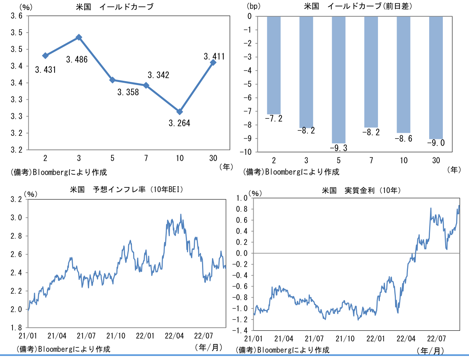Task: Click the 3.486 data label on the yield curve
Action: point(77,59)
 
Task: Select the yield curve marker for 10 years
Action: point(180,112)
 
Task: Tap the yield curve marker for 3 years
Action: point(79,37)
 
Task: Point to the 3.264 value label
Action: point(180,123)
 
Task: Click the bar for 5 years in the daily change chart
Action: point(339,80)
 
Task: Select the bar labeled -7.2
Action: point(274,65)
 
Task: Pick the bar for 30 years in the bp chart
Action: point(436,78)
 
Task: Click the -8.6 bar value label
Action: point(403,138)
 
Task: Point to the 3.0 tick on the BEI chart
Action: point(19,218)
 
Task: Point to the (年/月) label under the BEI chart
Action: point(208,347)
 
